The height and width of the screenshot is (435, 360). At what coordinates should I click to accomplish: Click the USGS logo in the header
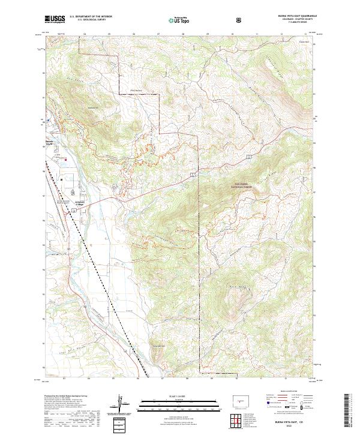(x=55, y=19)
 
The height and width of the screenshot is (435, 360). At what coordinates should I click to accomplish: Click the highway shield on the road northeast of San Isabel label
(x=248, y=156)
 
